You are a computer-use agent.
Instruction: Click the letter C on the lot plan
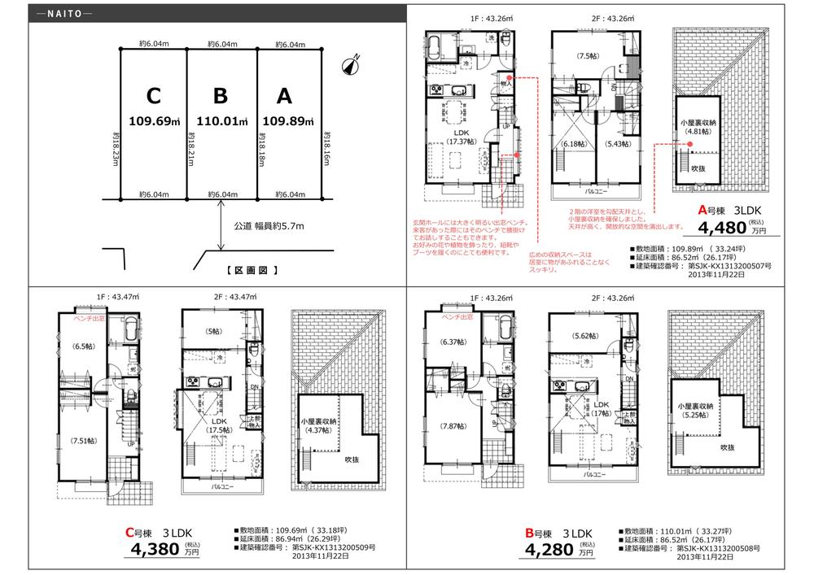point(153,97)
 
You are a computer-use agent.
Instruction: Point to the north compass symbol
point(352,67)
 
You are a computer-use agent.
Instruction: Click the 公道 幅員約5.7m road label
point(269,225)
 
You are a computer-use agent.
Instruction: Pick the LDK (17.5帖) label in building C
point(212,425)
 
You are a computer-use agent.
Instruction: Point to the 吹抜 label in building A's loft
point(698,168)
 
